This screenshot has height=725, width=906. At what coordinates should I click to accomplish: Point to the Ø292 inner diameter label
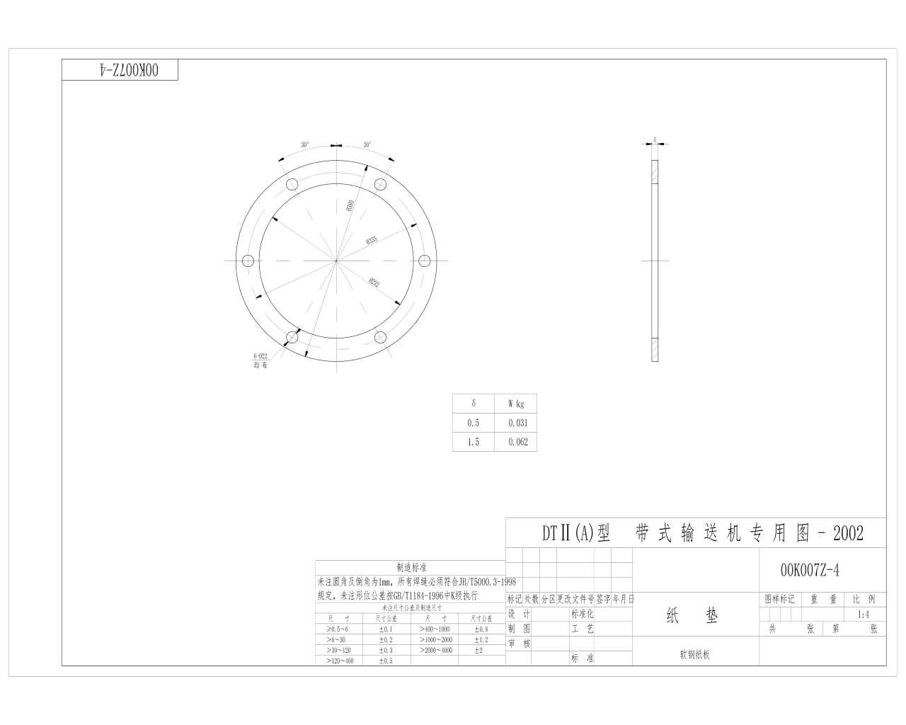(374, 283)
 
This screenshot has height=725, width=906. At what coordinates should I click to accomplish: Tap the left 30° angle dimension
(305, 145)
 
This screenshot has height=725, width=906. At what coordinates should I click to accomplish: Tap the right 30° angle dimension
(367, 145)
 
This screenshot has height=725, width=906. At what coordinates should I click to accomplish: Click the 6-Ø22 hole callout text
(260, 356)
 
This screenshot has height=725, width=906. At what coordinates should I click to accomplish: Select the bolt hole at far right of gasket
(425, 261)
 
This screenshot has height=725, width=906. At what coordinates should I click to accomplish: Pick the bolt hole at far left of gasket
(248, 261)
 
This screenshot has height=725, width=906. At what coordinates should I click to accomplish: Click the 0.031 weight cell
(517, 423)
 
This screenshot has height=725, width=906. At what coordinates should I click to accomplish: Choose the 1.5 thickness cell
(473, 442)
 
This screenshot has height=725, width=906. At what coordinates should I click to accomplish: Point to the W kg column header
(516, 404)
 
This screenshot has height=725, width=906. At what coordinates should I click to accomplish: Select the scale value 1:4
(863, 615)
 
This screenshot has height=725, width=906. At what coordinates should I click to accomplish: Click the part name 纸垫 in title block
(692, 616)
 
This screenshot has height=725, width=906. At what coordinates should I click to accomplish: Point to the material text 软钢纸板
(694, 655)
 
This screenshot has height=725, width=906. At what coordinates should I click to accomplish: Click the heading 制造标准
(411, 568)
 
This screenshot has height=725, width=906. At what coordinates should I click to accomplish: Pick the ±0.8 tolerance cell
(481, 629)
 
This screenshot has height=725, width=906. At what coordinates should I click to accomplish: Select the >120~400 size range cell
(340, 661)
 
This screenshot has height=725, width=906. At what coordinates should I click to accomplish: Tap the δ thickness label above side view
(655, 139)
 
